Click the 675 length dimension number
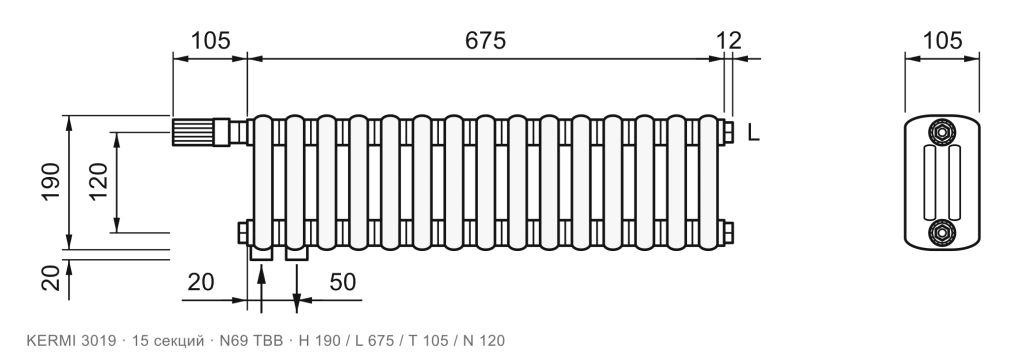pyautogui.click(x=485, y=41)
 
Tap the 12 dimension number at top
pyautogui.click(x=729, y=41)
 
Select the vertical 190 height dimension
pyautogui.click(x=51, y=182)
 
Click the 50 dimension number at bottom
pyautogui.click(x=342, y=282)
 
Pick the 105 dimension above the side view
pyautogui.click(x=942, y=41)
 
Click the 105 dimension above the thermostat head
pyautogui.click(x=210, y=41)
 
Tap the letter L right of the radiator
pyautogui.click(x=754, y=133)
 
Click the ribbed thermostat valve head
pyautogui.click(x=192, y=132)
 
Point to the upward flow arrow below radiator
pyautogui.click(x=261, y=288)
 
